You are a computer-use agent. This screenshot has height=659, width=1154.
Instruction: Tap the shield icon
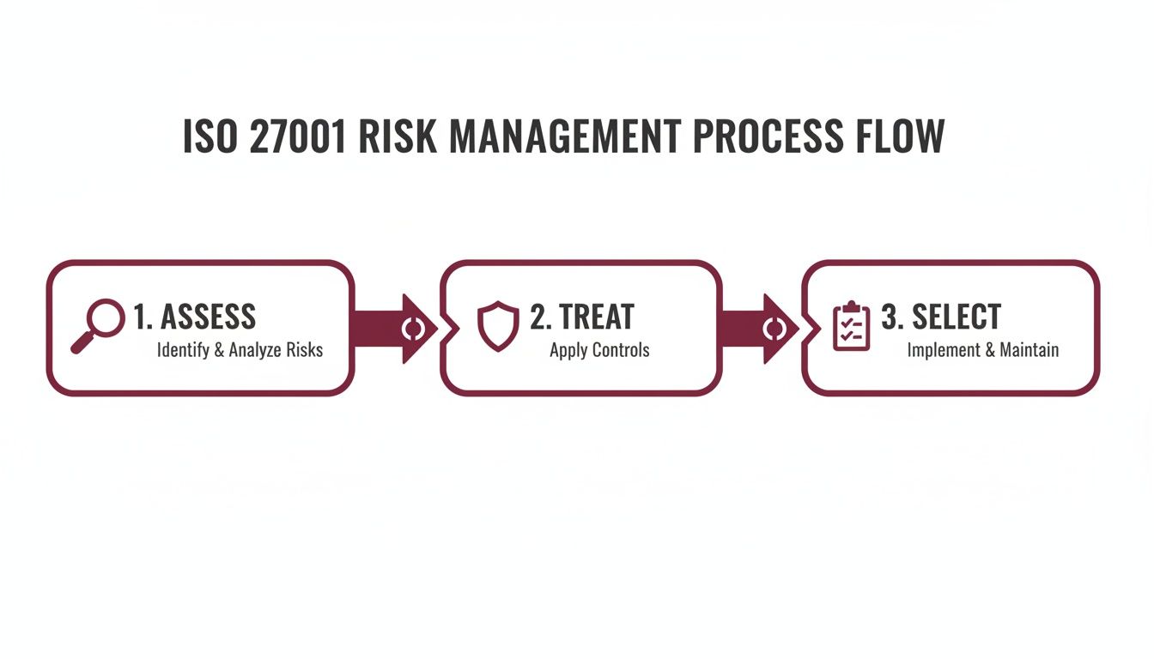coord(498,326)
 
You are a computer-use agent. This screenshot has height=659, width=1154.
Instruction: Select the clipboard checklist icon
coord(852,326)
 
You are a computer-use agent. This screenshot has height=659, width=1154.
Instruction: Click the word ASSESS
coord(208,317)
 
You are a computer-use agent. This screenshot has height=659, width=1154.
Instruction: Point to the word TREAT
coord(596,317)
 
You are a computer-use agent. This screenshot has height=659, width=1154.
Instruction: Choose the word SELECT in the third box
coord(956,317)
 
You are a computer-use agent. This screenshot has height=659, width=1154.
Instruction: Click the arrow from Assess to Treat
coord(395,329)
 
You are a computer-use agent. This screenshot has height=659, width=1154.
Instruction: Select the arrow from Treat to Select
coord(760,329)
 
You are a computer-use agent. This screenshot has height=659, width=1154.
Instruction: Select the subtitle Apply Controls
coord(599,350)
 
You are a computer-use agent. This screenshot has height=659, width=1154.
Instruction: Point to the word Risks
coord(305,350)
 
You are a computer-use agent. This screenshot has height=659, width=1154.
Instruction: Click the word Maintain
coord(1029,350)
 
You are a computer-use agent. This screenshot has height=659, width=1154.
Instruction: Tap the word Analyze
coord(256,350)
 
